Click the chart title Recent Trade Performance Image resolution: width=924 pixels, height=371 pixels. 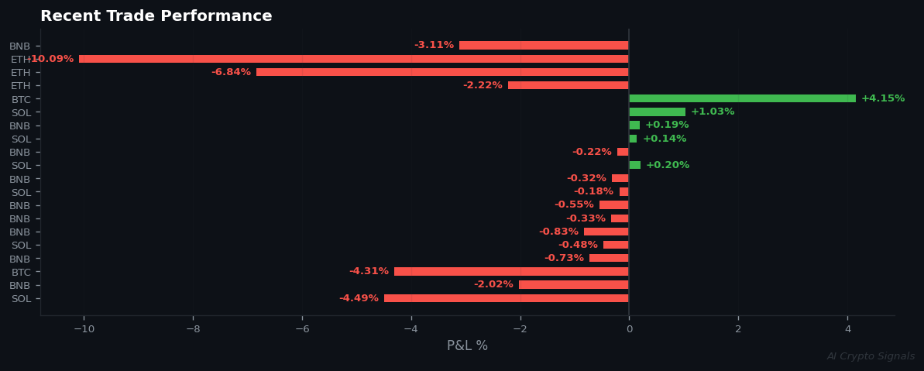tap(156, 16)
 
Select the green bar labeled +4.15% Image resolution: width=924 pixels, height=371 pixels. tap(742, 98)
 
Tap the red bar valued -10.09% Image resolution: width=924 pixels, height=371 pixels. tap(353, 59)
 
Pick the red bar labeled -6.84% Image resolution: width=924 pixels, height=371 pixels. tap(442, 72)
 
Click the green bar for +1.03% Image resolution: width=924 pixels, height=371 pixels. tap(657, 112)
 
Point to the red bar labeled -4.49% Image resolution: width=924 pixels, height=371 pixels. tap(506, 298)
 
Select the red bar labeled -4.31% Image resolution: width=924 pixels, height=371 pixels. tap(511, 271)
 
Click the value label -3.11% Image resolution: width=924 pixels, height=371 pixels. tap(434, 45)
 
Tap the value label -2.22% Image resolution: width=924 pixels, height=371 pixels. tap(483, 85)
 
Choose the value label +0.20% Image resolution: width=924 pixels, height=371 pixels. tap(667, 165)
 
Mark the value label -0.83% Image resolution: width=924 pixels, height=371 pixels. tap(558, 232)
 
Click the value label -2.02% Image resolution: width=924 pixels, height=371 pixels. tap(493, 284)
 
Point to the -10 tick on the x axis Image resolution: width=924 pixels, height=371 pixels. tap(83, 328)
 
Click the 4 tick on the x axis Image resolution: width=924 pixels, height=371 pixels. tap(847, 328)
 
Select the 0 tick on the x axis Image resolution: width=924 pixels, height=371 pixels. tap(629, 328)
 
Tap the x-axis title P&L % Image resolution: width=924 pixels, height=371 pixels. tap(467, 345)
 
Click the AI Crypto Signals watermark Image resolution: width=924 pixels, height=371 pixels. tap(870, 356)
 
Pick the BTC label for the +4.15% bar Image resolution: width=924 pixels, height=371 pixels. tap(21, 99)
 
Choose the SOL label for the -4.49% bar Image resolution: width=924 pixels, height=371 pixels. tap(21, 299)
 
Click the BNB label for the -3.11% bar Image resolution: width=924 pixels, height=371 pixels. tap(20, 46)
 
